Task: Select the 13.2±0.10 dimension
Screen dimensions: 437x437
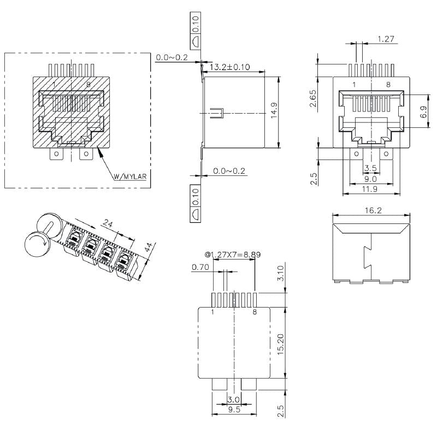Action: pos(231,67)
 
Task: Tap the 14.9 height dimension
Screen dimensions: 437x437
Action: pos(274,110)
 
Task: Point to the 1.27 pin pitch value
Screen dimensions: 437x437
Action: pos(386,39)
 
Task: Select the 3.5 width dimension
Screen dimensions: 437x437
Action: pos(370,168)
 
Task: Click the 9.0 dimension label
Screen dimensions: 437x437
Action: pos(370,178)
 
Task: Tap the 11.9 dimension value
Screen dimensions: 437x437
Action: pos(370,189)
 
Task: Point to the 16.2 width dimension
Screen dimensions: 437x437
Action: pos(371,210)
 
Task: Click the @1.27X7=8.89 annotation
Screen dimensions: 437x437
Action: pos(233,254)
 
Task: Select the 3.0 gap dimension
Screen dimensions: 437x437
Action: pos(233,400)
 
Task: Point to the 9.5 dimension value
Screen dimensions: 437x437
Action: pos(233,410)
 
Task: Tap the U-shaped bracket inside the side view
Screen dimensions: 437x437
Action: pos(217,113)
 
